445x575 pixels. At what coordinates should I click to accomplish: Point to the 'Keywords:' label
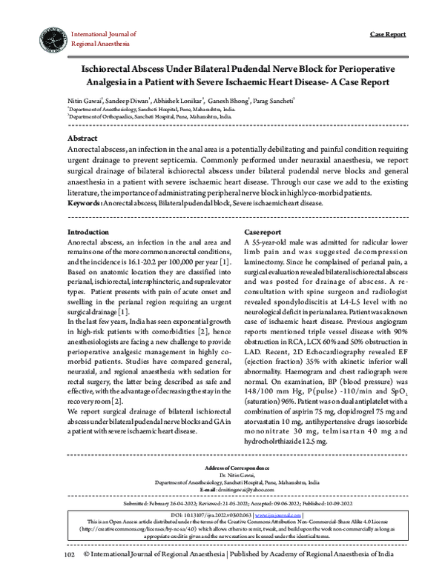(x=84, y=202)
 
